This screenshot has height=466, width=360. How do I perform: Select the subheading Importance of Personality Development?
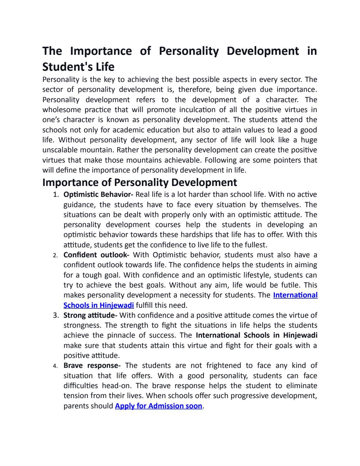pyautogui.click(x=140, y=182)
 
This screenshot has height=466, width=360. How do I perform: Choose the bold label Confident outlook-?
pyautogui.click(x=96, y=255)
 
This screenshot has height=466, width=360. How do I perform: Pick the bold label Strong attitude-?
pyautogui.click(x=90, y=315)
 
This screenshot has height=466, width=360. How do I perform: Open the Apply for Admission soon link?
pyautogui.click(x=159, y=406)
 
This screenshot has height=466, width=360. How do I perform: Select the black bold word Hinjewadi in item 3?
pyautogui.click(x=300, y=335)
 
